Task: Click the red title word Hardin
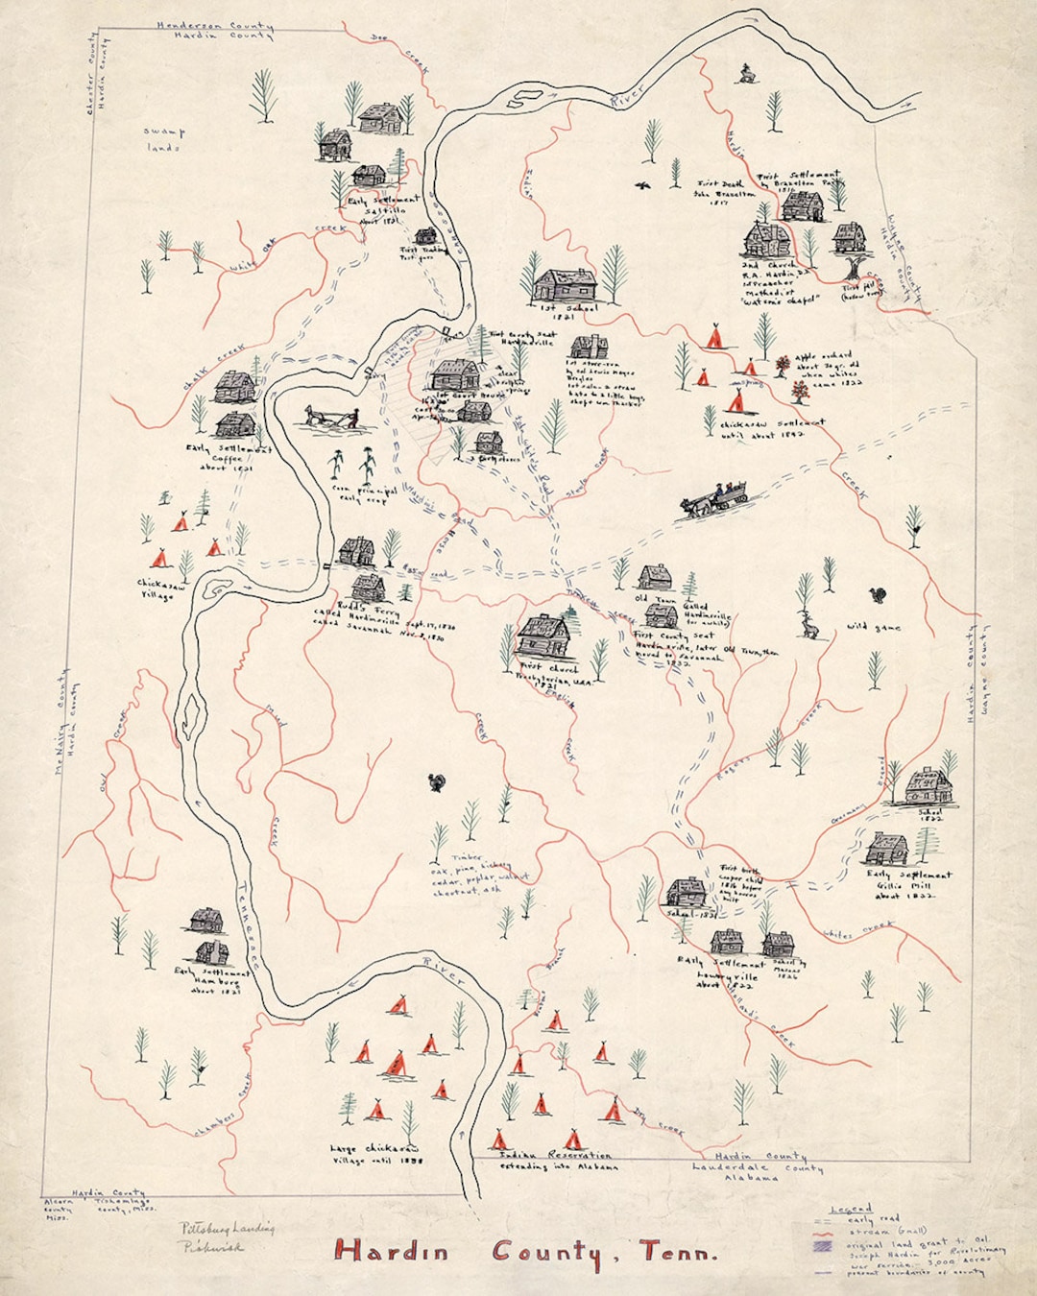pos(392,1251)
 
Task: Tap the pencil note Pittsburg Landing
pos(227,1228)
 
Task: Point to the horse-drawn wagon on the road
pos(714,501)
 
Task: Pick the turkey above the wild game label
pos(878,596)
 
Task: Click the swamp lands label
pos(163,140)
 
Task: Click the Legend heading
pos(851,1208)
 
